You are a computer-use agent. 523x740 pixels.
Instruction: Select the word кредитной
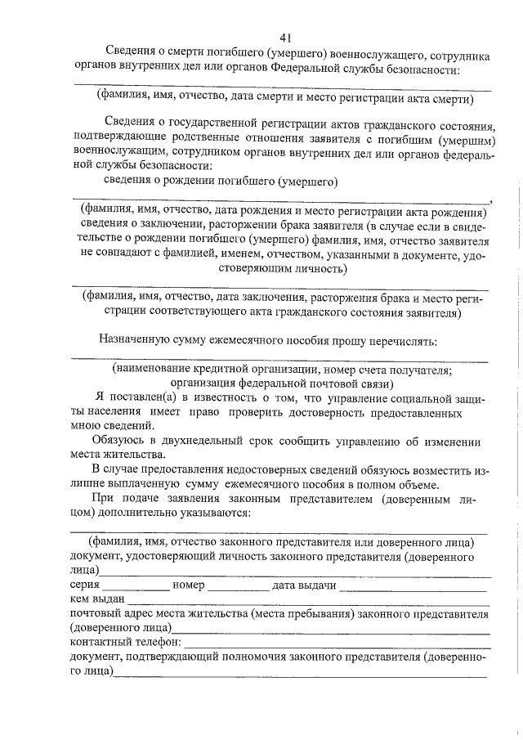pos(216,369)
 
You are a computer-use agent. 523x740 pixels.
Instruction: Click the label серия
pos(85,585)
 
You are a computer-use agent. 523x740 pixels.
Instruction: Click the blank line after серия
pos(136,588)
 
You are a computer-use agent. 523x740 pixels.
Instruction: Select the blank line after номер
pos(238,588)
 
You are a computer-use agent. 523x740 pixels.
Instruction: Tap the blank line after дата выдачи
pos(413,588)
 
